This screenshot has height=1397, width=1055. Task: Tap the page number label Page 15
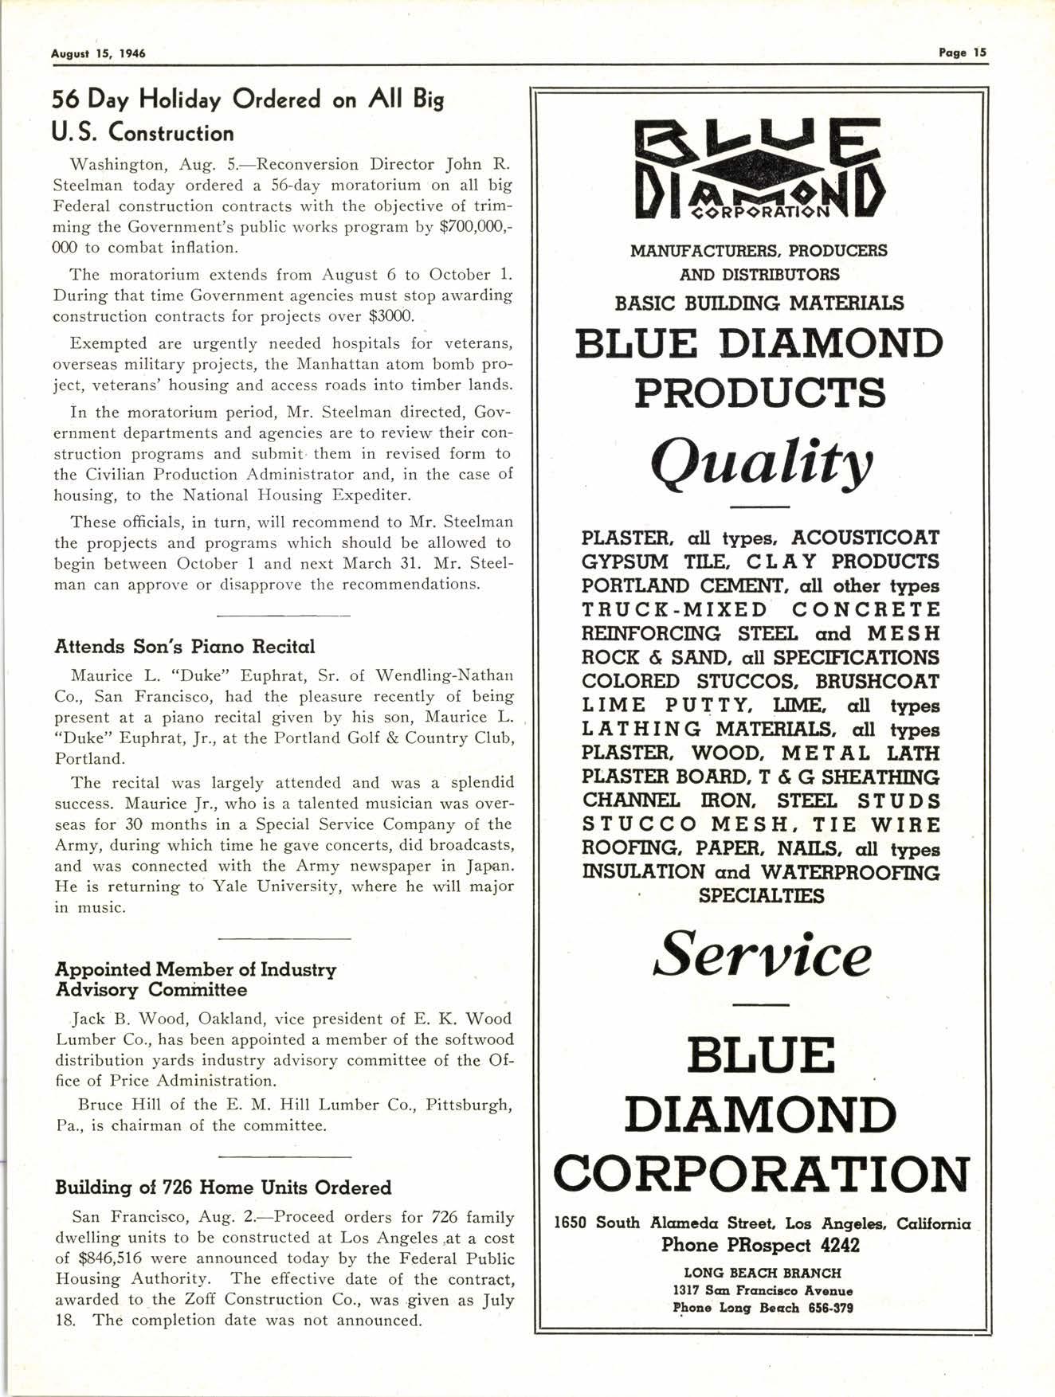962,53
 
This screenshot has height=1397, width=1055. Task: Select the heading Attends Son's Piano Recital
184,646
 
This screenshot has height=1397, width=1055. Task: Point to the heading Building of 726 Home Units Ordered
223,1188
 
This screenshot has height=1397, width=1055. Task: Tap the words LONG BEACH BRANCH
762,1273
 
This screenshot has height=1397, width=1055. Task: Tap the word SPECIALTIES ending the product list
762,896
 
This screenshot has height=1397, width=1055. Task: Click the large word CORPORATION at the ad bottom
762,1173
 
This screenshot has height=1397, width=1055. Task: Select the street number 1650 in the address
571,1223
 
